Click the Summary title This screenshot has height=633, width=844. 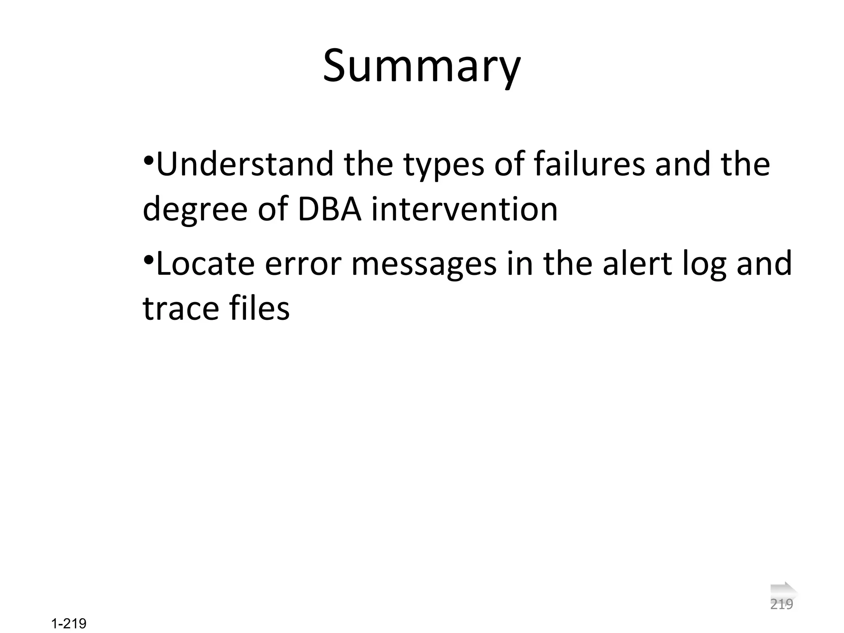(x=422, y=66)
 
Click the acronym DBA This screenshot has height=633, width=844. (x=329, y=209)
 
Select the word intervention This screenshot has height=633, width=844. (x=464, y=209)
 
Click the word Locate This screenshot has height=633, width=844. (x=205, y=263)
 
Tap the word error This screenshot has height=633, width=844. (x=303, y=264)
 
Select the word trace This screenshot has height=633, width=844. (x=180, y=309)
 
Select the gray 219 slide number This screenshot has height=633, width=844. (x=781, y=605)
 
